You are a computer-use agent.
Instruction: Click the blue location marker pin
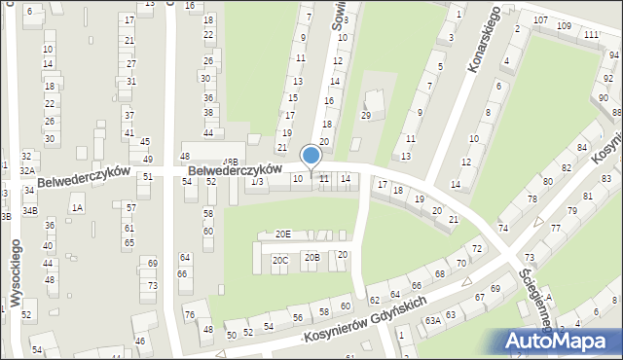[x=311, y=157]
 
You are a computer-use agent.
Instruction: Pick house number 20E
[x=282, y=234]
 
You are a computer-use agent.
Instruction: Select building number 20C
[x=280, y=260]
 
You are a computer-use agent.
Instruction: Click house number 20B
[x=311, y=257]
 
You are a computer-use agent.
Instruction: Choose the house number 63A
[x=431, y=319]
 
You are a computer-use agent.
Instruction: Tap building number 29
[x=366, y=116]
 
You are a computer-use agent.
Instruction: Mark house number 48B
[x=230, y=162]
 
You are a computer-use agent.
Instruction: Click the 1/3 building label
[x=257, y=181]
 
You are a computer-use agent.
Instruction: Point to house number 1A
[x=77, y=207]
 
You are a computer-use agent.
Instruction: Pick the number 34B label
[x=29, y=210]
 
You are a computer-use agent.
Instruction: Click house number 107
[x=540, y=20]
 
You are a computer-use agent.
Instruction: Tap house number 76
[x=190, y=314]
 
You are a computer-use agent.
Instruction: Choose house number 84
[x=581, y=147]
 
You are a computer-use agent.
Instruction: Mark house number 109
[x=564, y=25]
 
